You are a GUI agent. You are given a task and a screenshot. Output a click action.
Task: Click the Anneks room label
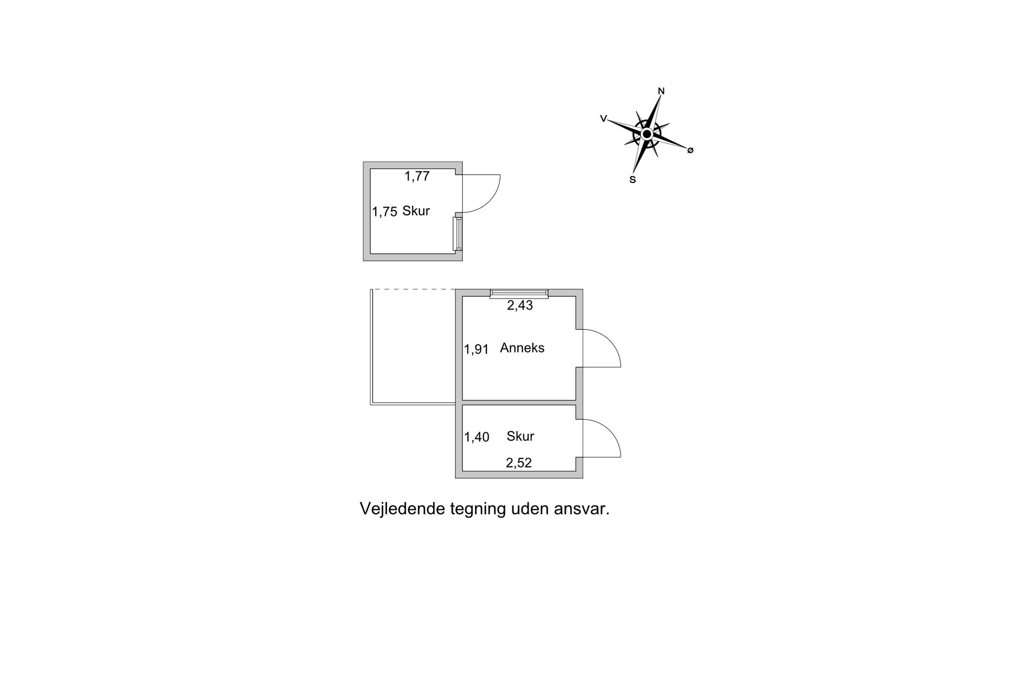click(522, 348)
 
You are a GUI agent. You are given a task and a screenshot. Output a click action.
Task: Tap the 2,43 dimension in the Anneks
click(520, 305)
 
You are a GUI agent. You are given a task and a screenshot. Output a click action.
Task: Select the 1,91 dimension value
click(476, 350)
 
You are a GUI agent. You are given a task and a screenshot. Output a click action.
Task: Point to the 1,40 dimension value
click(476, 437)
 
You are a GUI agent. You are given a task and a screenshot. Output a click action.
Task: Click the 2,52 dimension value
click(519, 463)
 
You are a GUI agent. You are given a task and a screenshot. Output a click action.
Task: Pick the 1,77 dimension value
click(417, 176)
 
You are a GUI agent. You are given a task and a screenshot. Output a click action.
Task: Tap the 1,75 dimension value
click(385, 212)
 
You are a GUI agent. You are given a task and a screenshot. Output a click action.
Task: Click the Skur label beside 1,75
click(416, 211)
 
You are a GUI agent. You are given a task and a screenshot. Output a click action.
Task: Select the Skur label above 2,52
click(521, 436)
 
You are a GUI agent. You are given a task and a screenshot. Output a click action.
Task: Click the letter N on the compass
click(661, 91)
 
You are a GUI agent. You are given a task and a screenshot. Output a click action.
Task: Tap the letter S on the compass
click(632, 180)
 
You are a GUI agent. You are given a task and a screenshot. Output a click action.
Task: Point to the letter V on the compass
click(603, 118)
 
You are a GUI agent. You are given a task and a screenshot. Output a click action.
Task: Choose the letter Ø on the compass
click(690, 150)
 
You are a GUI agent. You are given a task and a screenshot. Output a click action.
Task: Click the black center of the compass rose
click(646, 134)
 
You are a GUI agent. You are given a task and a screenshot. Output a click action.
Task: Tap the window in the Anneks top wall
click(519, 294)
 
